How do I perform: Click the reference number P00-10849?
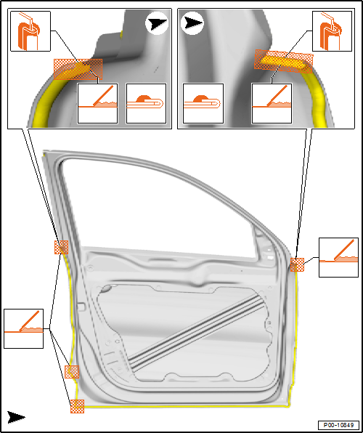point(338,424)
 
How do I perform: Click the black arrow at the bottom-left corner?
point(16,417)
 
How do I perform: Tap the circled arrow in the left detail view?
point(157,24)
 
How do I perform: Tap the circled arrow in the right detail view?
point(192,23)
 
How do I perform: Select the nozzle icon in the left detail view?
point(30,31)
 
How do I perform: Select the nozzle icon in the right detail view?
point(332,31)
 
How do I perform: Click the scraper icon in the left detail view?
point(98,103)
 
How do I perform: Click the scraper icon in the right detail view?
point(272,103)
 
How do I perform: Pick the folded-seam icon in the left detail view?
point(146,103)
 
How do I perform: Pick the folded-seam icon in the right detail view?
point(203,103)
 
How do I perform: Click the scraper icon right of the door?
point(339,257)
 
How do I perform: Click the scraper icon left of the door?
point(24,328)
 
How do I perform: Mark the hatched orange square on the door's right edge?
point(297,265)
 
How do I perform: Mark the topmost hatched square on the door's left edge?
point(61,247)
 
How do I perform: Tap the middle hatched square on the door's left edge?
point(72,372)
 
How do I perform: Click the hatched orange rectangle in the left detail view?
point(78,69)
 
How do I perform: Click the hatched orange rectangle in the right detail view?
point(284,61)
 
